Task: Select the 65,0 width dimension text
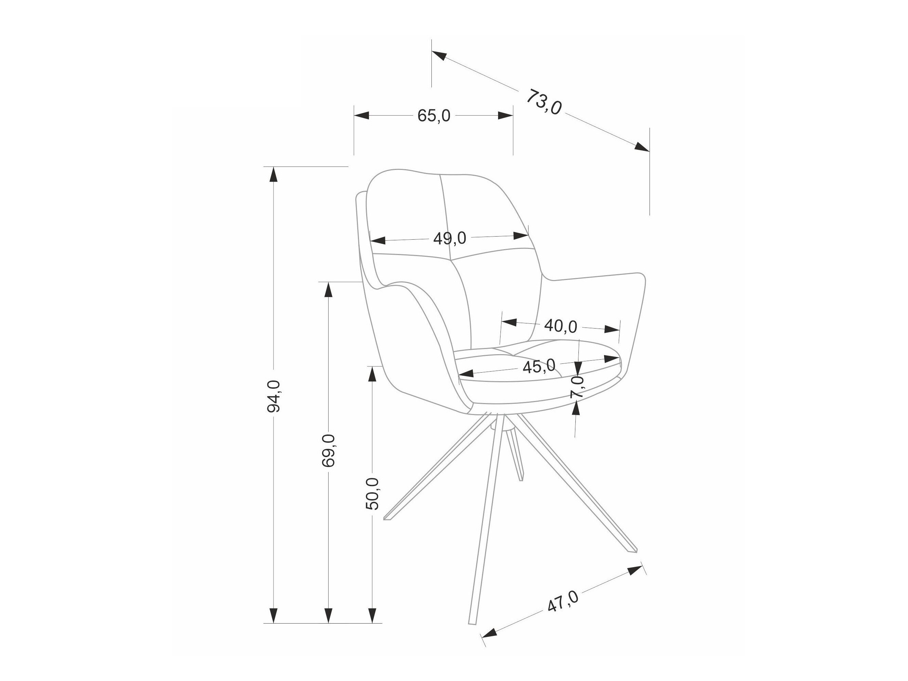pyautogui.click(x=434, y=116)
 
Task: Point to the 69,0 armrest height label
pyautogui.click(x=329, y=450)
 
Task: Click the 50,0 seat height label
pyautogui.click(x=372, y=494)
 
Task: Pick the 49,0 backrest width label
pyautogui.click(x=450, y=238)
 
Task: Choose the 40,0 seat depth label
pyautogui.click(x=560, y=326)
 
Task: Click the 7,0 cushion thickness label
pyautogui.click(x=577, y=386)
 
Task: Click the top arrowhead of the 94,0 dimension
pyautogui.click(x=273, y=174)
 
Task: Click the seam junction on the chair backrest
pyautogui.click(x=450, y=260)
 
